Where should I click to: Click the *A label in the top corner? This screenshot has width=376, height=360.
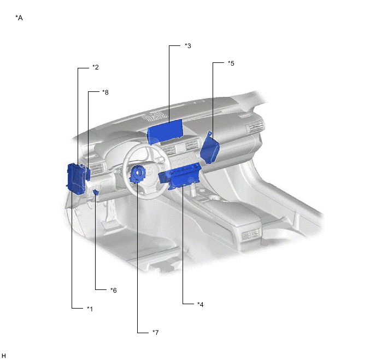[19, 18]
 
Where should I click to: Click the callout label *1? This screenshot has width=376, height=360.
[90, 309]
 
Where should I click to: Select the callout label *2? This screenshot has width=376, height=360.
[96, 67]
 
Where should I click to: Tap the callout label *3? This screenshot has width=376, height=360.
[188, 46]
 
